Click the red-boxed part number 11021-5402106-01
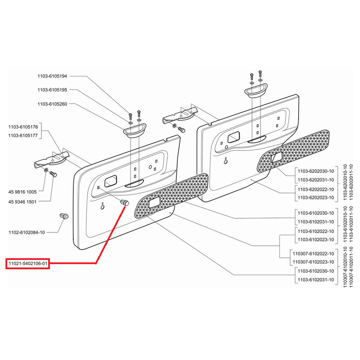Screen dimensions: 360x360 tap(28, 264)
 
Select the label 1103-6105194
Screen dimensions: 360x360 tap(52, 76)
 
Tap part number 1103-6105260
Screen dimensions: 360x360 tap(52, 104)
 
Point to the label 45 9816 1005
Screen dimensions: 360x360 tap(22, 192)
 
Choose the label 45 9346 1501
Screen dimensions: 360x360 tap(22, 202)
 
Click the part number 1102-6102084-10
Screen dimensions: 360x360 tap(27, 232)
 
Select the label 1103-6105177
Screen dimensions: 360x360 tap(23, 135)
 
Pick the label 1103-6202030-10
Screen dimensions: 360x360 tap(316, 171)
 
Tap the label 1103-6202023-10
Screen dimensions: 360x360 tap(316, 197)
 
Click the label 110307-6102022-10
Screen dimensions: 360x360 tap(313, 253)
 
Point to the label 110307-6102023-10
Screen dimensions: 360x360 tap(313, 262)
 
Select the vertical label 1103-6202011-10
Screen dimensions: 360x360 tap(351, 182)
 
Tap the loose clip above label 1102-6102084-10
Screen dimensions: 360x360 tap(64, 216)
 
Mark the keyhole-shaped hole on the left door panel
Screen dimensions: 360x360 tap(103, 206)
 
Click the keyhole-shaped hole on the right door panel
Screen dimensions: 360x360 tap(226, 161)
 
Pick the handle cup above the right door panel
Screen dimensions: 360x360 tap(256, 91)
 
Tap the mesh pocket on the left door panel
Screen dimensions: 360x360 tap(171, 196)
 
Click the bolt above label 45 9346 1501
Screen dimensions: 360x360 tap(53, 174)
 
